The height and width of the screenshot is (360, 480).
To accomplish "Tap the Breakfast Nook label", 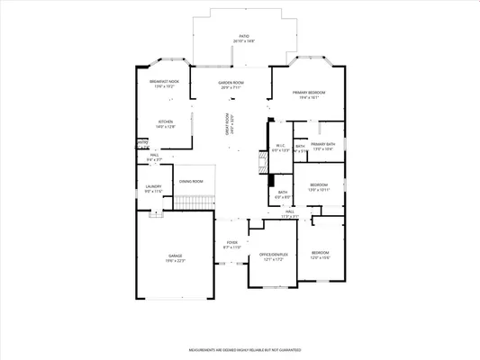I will tap(168, 85).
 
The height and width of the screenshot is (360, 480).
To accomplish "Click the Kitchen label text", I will tap(166, 124).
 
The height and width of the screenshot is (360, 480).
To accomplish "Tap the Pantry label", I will tap(142, 142).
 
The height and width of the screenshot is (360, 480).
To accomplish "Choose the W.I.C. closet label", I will tap(280, 148).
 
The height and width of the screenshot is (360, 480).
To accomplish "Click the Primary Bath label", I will tap(322, 147).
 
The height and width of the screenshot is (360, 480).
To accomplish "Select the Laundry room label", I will tap(153, 189).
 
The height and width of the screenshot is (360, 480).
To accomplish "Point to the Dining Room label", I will tap(191, 182).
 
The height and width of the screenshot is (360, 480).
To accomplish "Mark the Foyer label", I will tap(231, 244).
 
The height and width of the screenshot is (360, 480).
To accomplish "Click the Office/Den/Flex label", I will tap(272, 256).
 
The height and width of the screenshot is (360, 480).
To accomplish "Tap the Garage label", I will tap(175, 258).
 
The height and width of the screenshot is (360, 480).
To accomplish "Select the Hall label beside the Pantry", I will tap(155, 157).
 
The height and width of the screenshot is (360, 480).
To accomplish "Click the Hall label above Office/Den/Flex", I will tap(290, 213).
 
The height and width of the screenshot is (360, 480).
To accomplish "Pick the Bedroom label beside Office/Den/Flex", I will tap(320, 255).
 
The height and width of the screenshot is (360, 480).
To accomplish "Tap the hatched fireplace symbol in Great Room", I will tap(261, 163).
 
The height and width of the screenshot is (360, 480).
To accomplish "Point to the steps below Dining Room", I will tap(191, 204).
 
